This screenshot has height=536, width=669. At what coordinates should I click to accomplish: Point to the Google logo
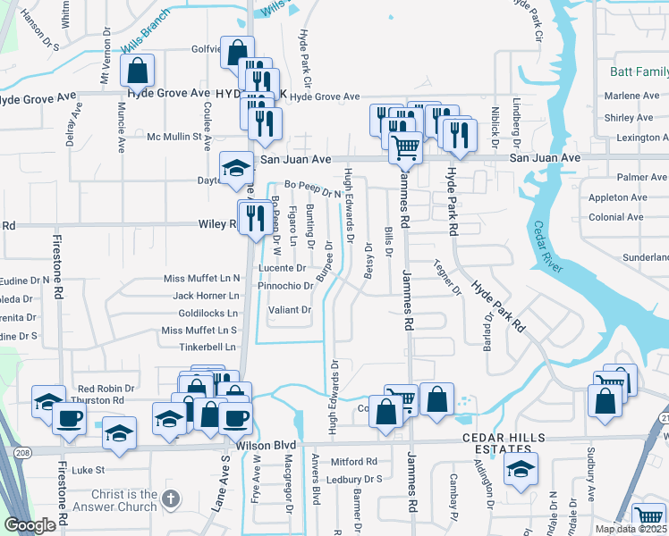30,525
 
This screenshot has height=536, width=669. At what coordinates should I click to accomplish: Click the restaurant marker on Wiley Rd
255,216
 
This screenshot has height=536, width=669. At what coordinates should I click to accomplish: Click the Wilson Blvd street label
267,444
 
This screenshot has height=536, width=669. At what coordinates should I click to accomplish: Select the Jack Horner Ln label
207,295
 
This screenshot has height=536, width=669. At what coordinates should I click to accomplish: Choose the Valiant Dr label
289,310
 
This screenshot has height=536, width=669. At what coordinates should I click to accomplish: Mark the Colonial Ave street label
618,217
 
